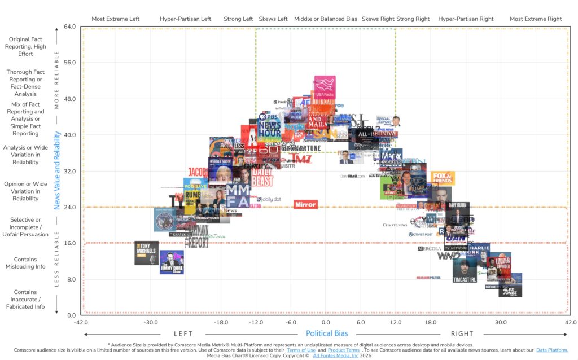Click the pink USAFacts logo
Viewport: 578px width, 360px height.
point(325,86)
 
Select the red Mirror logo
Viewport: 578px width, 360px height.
point(305,204)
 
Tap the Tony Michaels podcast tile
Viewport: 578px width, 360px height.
point(146,253)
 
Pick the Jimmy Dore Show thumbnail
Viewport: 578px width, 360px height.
point(172,262)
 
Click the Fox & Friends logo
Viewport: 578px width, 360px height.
point(443,178)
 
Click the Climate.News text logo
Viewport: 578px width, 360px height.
point(395,225)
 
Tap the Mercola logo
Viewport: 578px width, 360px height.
point(430,248)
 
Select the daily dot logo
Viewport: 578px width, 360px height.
point(268,199)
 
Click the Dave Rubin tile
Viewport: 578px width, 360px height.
point(457,209)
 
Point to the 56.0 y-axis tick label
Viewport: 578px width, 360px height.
point(69,63)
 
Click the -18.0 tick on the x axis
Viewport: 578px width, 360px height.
point(221,323)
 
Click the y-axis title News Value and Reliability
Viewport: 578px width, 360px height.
point(57,170)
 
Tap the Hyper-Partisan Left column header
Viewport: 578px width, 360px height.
point(185,19)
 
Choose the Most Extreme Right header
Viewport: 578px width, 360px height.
point(535,19)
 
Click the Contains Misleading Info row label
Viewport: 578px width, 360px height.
point(25,263)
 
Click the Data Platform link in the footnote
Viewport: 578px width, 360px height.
point(551,350)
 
